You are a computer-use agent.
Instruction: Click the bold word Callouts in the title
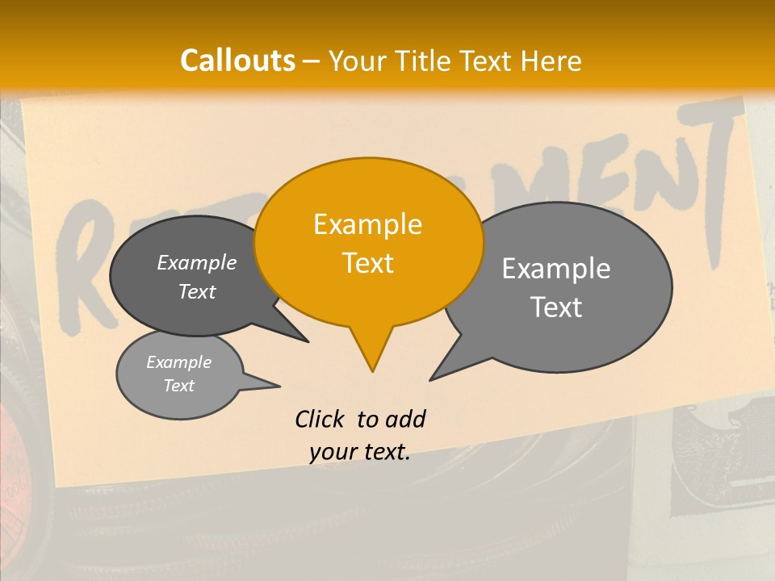click(237, 61)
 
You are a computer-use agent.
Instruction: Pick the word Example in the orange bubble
click(367, 224)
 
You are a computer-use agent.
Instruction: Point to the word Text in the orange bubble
click(367, 263)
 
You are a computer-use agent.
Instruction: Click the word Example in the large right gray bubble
click(556, 269)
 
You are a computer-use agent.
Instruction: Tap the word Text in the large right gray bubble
click(556, 307)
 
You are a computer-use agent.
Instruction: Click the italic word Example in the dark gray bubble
click(196, 262)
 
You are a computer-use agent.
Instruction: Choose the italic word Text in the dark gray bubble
click(196, 291)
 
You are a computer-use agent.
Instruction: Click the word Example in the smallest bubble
click(178, 362)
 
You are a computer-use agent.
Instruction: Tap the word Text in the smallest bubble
click(178, 386)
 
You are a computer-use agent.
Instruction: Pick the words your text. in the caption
click(360, 452)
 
